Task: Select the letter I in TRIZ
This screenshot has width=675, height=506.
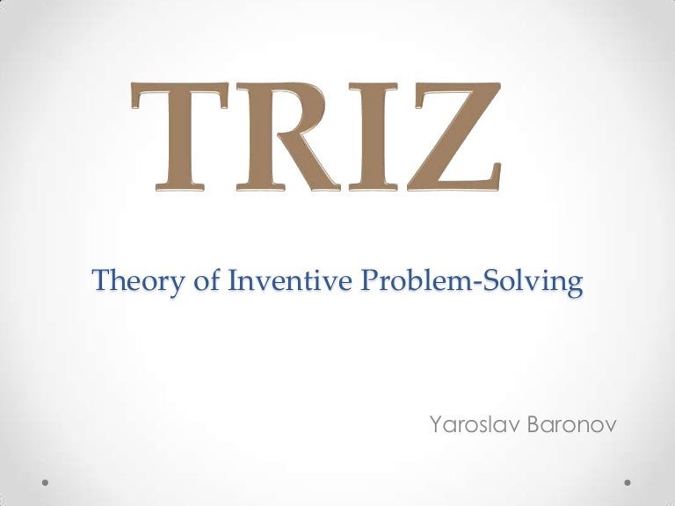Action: [371, 138]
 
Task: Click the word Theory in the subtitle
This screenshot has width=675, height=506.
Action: [128, 282]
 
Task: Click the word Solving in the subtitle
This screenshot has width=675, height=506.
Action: [526, 282]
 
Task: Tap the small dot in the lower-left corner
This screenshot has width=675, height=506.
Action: [47, 481]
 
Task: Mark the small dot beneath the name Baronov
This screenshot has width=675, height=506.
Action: [628, 481]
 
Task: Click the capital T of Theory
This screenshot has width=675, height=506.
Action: [100, 281]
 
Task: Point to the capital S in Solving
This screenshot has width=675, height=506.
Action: [479, 281]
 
